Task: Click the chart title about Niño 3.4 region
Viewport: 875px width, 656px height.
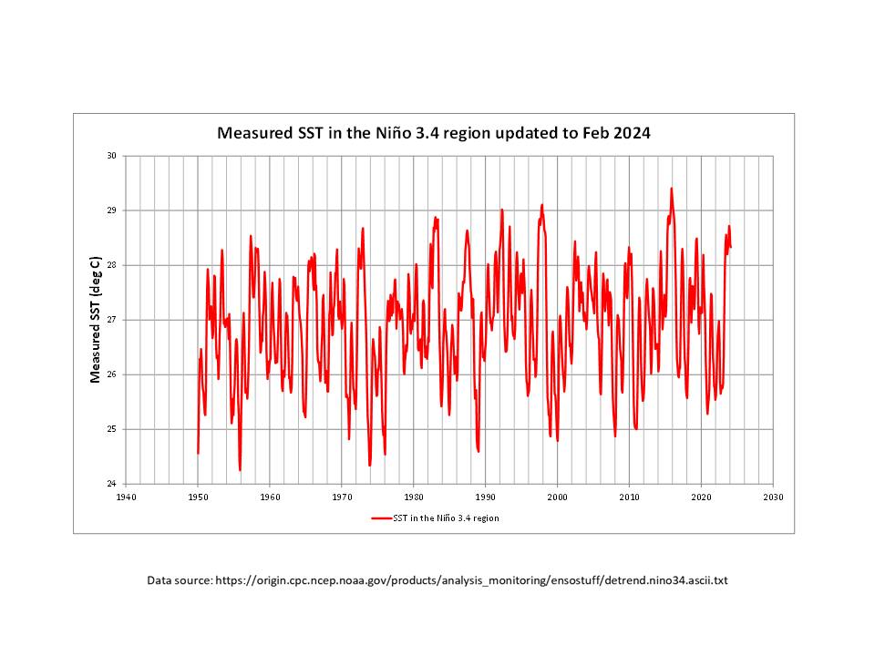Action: tap(433, 133)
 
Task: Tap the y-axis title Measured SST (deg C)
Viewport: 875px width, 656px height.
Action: tap(95, 318)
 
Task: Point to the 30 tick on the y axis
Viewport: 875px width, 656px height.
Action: tap(112, 156)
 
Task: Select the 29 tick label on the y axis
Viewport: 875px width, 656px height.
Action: tap(112, 210)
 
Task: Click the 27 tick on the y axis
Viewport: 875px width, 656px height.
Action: tap(112, 320)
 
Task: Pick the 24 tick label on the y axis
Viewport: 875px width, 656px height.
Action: tap(112, 484)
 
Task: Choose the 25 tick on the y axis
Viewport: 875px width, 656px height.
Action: tap(112, 429)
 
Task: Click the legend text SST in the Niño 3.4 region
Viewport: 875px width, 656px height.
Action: tap(446, 518)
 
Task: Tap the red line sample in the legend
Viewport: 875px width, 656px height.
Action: tap(380, 518)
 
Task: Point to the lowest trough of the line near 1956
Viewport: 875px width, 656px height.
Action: tap(240, 470)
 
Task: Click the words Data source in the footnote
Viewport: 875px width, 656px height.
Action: tap(179, 580)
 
